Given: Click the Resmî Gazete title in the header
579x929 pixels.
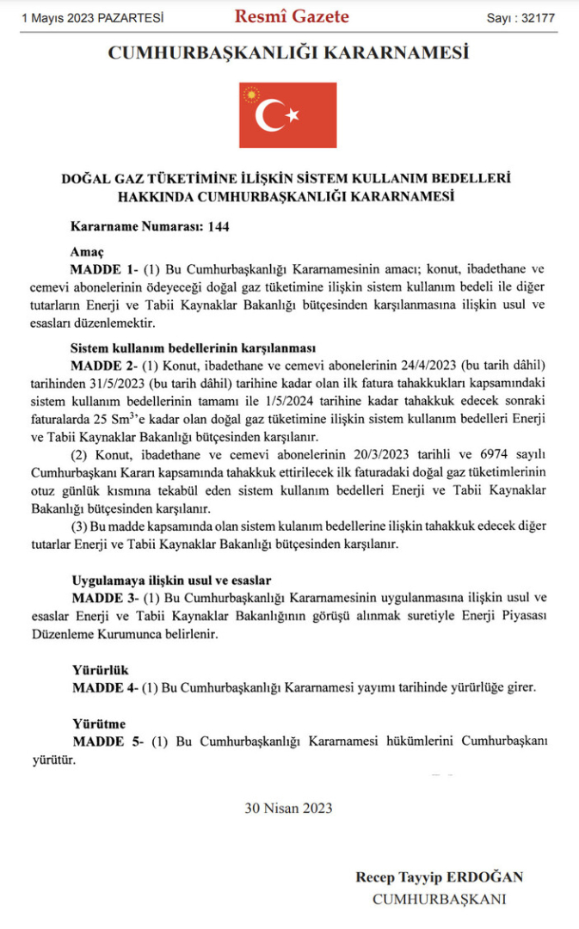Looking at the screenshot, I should click(x=292, y=16).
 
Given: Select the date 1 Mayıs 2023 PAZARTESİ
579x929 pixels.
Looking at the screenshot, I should click(x=92, y=17).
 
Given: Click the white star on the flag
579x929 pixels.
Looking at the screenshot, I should click(x=293, y=114).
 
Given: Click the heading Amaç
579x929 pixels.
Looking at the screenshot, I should click(x=87, y=252).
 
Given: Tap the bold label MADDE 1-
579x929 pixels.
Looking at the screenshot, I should click(x=100, y=268).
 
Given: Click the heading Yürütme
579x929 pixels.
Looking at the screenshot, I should click(x=98, y=723).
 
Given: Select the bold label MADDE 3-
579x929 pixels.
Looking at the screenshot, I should click(x=100, y=597).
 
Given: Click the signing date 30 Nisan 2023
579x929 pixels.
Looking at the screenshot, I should click(x=288, y=808).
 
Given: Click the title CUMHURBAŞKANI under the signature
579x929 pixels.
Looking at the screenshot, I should click(x=438, y=899).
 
